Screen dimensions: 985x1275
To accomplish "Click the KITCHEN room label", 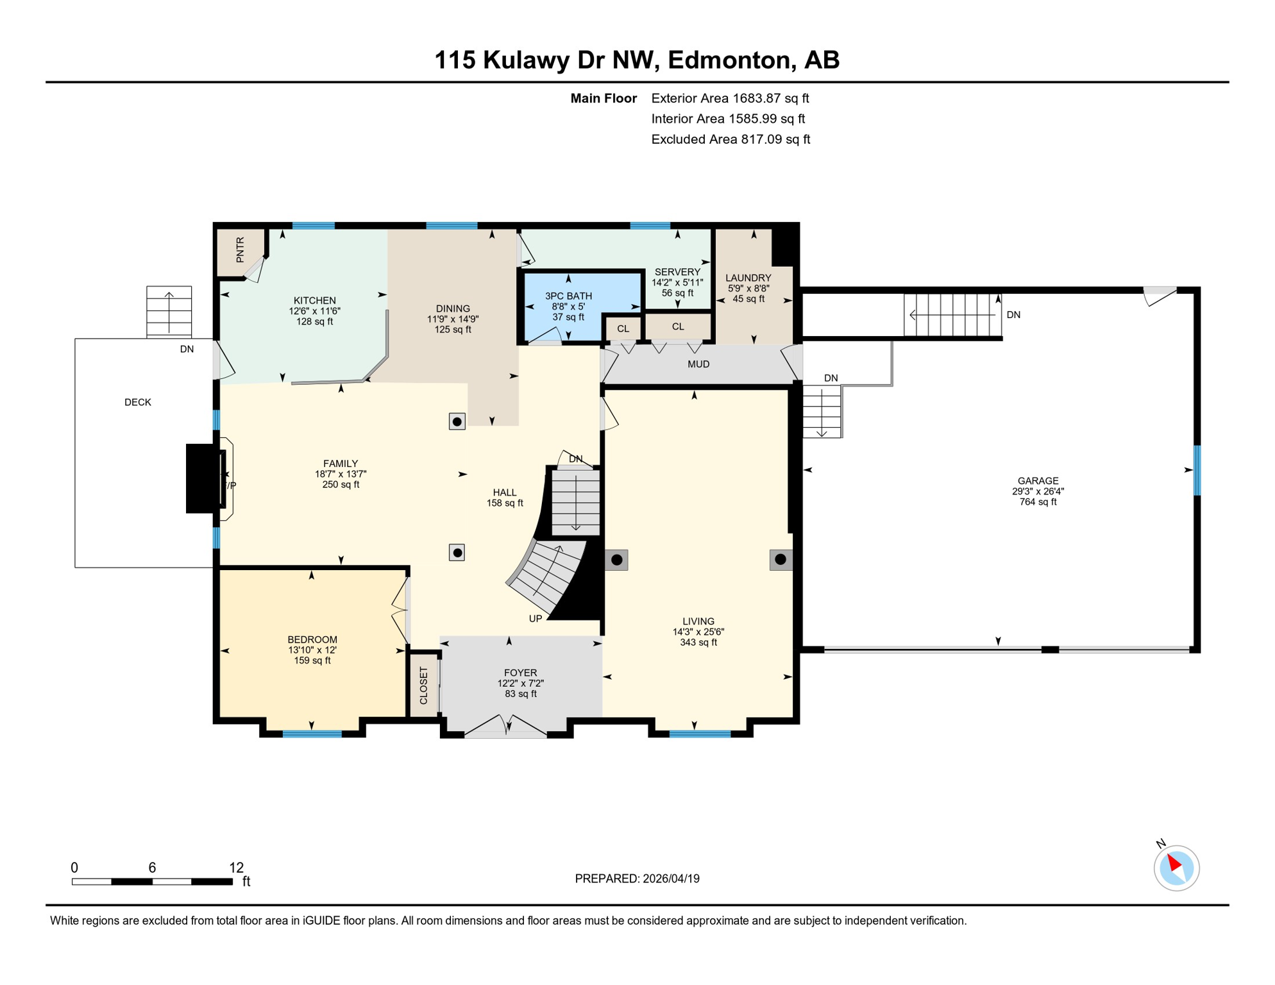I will tap(314, 300).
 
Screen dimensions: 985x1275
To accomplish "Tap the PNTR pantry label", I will tap(240, 249).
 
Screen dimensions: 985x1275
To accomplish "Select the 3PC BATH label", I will tap(568, 296).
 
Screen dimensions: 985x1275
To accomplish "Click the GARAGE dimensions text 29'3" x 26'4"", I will tap(1038, 491).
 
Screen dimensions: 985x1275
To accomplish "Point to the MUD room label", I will tap(698, 364).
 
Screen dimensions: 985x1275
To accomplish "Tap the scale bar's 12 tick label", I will tap(236, 868).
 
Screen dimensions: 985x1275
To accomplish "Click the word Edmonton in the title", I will tap(729, 60).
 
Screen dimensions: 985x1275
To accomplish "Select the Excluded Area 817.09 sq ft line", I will tap(730, 139).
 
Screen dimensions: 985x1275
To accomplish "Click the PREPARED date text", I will tap(637, 879).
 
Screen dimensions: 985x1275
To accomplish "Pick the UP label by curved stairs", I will tap(536, 619).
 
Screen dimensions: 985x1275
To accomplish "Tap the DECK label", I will tap(138, 402).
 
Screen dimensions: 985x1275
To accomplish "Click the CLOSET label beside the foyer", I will tap(423, 686).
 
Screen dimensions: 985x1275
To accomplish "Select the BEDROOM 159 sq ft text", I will tap(312, 661).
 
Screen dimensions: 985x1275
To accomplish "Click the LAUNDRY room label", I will tap(748, 278).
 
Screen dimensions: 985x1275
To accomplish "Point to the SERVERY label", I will tap(677, 272).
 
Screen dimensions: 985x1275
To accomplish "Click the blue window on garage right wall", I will tap(1197, 470).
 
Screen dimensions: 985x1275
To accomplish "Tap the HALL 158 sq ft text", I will tap(505, 503).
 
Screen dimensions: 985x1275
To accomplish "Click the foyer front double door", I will tap(506, 728).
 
